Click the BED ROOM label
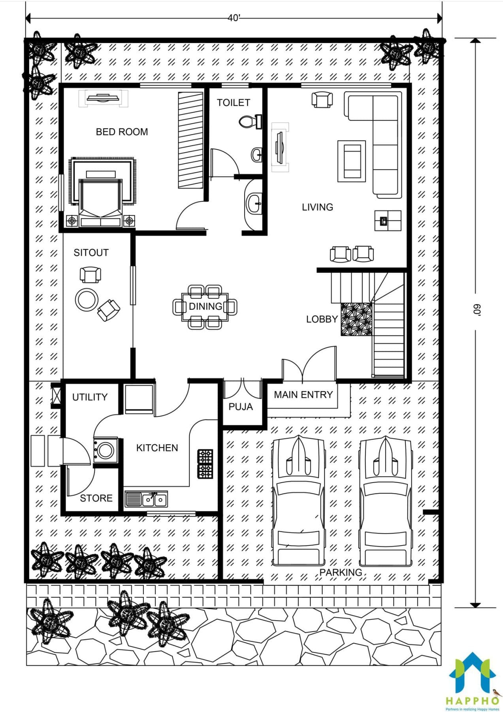click(122, 132)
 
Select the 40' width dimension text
click(234, 18)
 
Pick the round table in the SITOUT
click(87, 299)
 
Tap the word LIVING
click(317, 207)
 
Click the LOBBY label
click(322, 319)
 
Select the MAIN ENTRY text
click(303, 394)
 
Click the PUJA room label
click(241, 407)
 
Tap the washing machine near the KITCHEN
click(105, 450)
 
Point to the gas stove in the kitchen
click(205, 464)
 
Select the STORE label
click(96, 498)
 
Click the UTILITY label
click(90, 397)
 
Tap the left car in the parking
click(299, 500)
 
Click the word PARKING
click(341, 572)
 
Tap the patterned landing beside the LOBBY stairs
click(357, 319)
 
